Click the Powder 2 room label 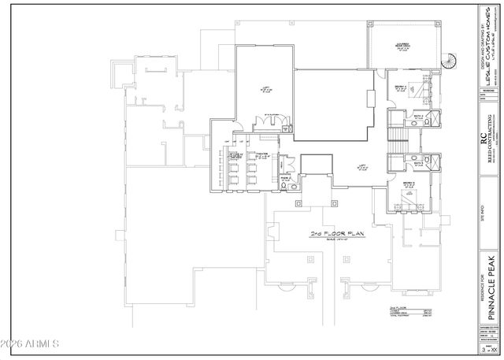click(287, 180)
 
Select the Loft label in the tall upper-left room click(267, 88)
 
